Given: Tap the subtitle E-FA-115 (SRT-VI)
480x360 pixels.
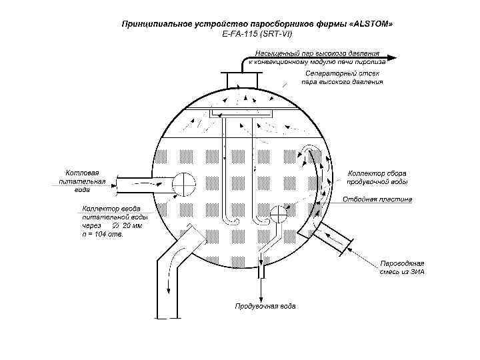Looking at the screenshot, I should [257, 33].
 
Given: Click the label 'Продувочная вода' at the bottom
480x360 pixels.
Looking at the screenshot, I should [265, 307].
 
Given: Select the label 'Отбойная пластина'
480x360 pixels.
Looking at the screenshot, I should [377, 199].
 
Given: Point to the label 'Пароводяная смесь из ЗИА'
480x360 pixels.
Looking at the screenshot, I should [402, 267].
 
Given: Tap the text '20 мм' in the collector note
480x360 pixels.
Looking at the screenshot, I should [132, 226].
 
